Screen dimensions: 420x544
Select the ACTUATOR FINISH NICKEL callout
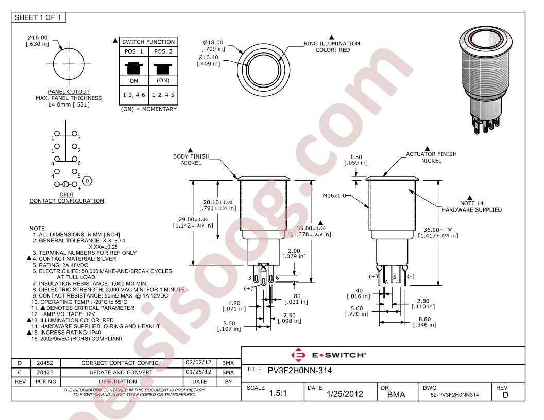(431, 157)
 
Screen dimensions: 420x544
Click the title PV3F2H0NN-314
(303, 370)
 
